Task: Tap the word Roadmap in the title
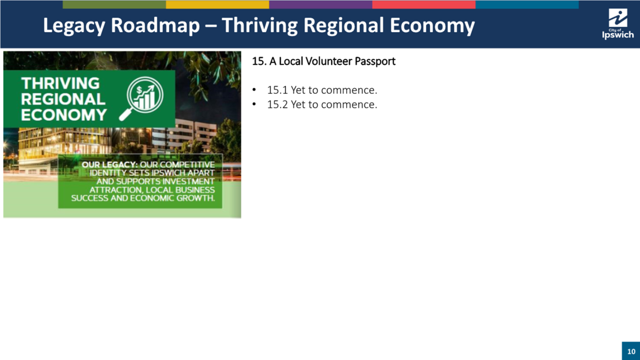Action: [x=155, y=25]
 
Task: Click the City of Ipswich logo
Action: [x=618, y=24]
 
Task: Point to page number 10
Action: [x=631, y=351]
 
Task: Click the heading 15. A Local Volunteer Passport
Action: [x=324, y=61]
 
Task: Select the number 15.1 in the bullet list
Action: [x=277, y=90]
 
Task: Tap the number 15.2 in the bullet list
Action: [x=277, y=105]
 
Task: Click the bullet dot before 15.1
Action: [x=254, y=90]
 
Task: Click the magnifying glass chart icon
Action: [x=142, y=98]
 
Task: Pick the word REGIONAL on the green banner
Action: [x=63, y=99]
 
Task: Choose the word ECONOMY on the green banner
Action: [x=64, y=115]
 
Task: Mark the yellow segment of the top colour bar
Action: [x=217, y=5]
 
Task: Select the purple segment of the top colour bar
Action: [x=321, y=5]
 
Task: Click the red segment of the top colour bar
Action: [x=424, y=5]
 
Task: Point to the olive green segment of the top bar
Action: [x=114, y=5]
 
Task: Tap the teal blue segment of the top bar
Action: [x=527, y=5]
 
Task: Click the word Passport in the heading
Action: [x=375, y=62]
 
